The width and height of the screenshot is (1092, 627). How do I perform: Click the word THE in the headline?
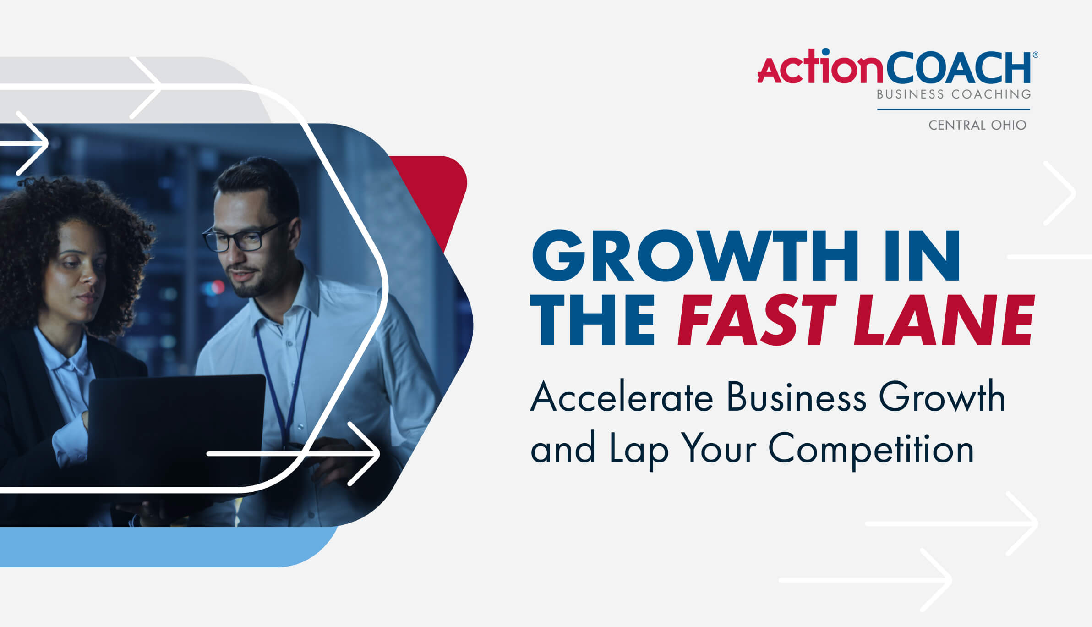[x=592, y=319]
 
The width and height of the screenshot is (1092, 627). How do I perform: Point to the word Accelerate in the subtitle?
[x=622, y=396]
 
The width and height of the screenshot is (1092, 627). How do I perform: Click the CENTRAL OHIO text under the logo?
[x=977, y=125]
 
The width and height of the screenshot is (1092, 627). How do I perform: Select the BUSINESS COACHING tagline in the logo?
[x=954, y=94]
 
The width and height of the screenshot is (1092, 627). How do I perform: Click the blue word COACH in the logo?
[x=959, y=67]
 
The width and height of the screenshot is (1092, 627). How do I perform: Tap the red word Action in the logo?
[x=821, y=66]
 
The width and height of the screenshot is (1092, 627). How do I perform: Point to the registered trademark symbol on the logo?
[x=1035, y=55]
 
